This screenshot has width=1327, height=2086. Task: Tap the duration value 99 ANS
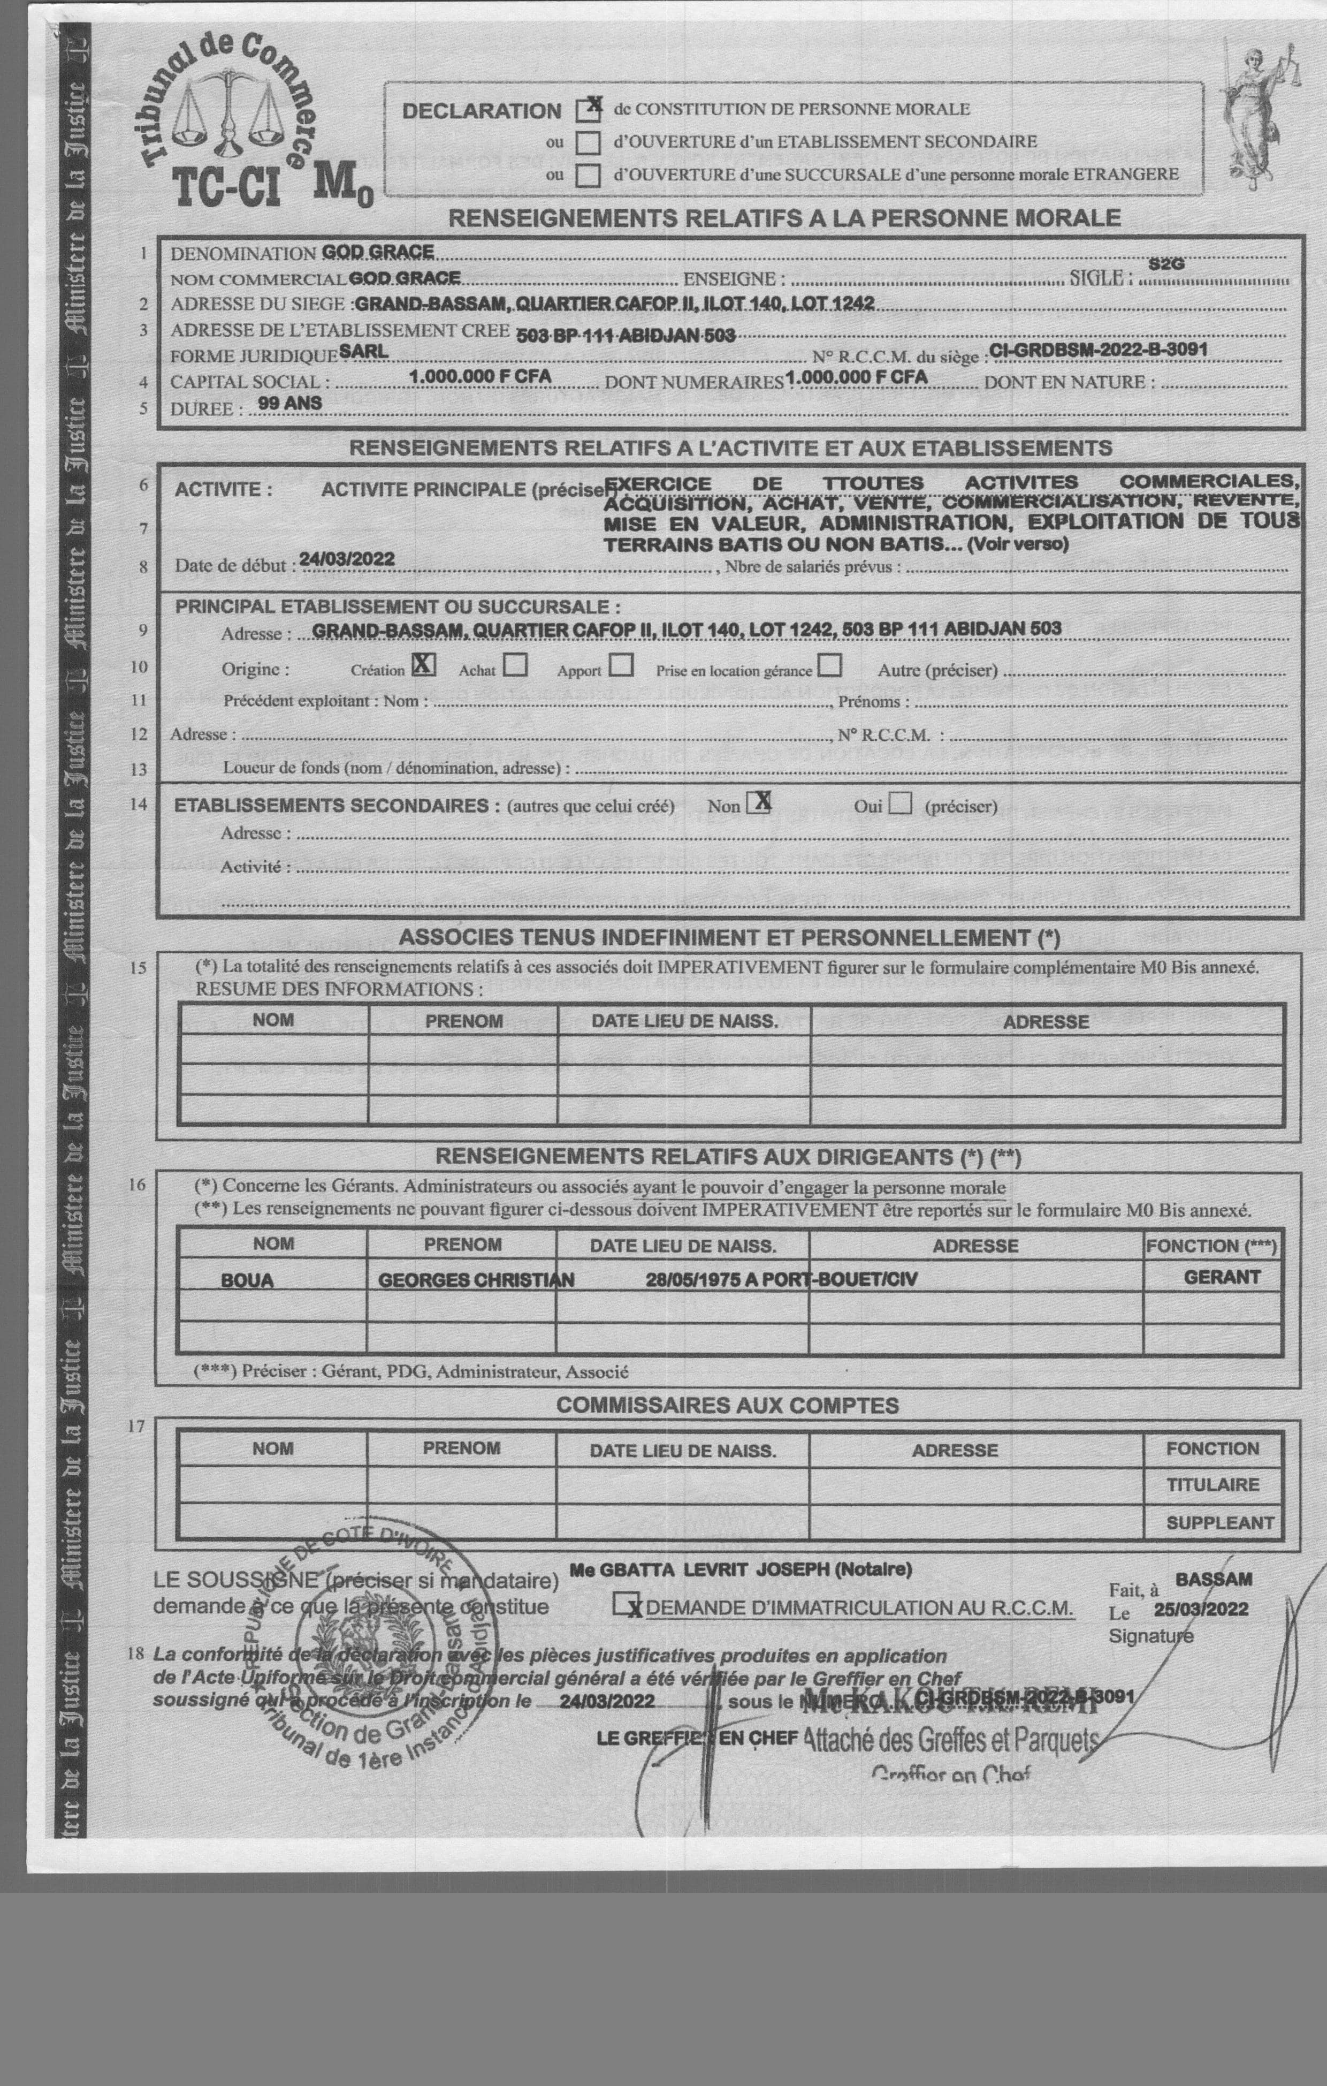click(x=289, y=403)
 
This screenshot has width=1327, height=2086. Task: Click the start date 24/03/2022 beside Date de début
click(x=347, y=559)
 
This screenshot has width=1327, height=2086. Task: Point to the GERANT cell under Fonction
click(x=1222, y=1277)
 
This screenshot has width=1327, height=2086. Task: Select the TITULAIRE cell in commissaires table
click(x=1212, y=1485)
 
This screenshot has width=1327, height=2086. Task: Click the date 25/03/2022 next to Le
click(x=1201, y=1610)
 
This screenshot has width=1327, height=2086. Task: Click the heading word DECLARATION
click(x=482, y=111)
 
